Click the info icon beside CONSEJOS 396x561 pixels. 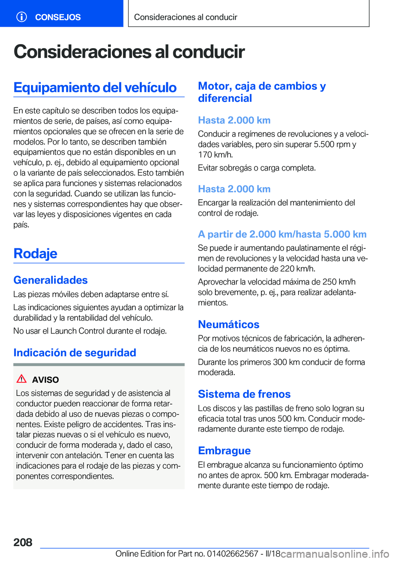coord(21,17)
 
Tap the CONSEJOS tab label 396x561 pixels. coord(58,17)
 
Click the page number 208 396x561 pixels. coord(23,542)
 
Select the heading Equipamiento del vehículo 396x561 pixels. coord(95,87)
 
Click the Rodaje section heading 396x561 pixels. coord(35,253)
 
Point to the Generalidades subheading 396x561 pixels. coord(50,280)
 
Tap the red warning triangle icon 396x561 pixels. coord(21,379)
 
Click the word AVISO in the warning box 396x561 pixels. coord(45,380)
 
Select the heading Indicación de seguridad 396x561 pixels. coord(75,353)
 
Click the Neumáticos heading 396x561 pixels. coord(229,325)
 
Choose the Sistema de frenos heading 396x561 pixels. coord(244,394)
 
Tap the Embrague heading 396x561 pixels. coord(224,451)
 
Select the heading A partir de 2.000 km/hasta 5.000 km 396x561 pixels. coord(282,234)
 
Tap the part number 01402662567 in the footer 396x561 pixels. coord(232,554)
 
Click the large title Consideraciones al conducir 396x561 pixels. coord(129,52)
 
